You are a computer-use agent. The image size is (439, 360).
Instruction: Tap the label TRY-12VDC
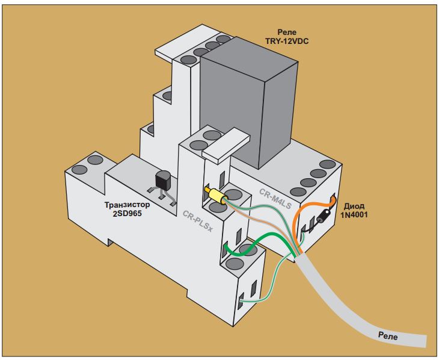click(x=287, y=42)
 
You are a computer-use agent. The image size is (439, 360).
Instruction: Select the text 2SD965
click(x=127, y=213)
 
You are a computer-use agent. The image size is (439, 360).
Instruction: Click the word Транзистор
click(x=127, y=205)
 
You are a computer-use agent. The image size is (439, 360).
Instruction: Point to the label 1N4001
click(x=354, y=215)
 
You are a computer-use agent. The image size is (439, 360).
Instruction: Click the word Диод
click(x=354, y=206)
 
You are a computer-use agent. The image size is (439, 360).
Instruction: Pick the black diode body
click(x=324, y=216)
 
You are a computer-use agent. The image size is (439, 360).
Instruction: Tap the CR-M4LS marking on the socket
click(x=275, y=199)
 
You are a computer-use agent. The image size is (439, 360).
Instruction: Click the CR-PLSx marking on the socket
click(x=198, y=221)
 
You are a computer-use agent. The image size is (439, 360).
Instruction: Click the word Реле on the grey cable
click(x=388, y=335)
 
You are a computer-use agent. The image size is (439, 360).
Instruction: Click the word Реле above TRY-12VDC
click(x=287, y=33)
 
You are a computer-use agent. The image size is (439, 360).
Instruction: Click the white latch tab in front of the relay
click(x=226, y=145)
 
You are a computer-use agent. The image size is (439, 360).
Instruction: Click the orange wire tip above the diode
click(x=333, y=200)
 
